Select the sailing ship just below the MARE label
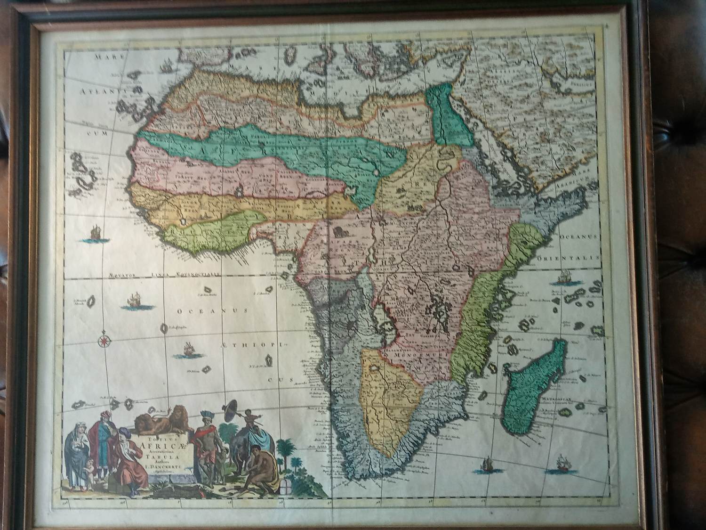(165, 67)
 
